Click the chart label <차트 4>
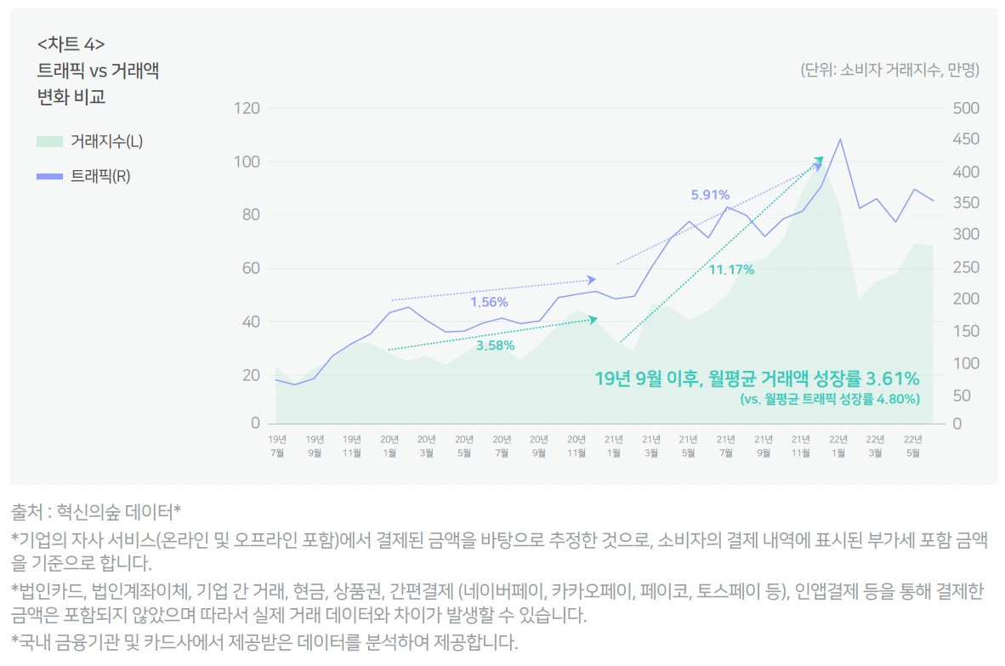(71, 44)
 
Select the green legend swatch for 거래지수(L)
(49, 141)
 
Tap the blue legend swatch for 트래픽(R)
(49, 176)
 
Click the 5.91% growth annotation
(710, 195)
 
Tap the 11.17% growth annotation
(731, 270)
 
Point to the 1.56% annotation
(489, 302)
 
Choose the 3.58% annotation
(495, 345)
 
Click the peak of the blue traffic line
(840, 139)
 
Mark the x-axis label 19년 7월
(277, 446)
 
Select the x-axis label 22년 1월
(838, 446)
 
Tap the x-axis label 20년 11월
(576, 446)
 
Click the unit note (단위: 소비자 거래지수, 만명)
(889, 71)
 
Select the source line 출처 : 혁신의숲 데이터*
(96, 511)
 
